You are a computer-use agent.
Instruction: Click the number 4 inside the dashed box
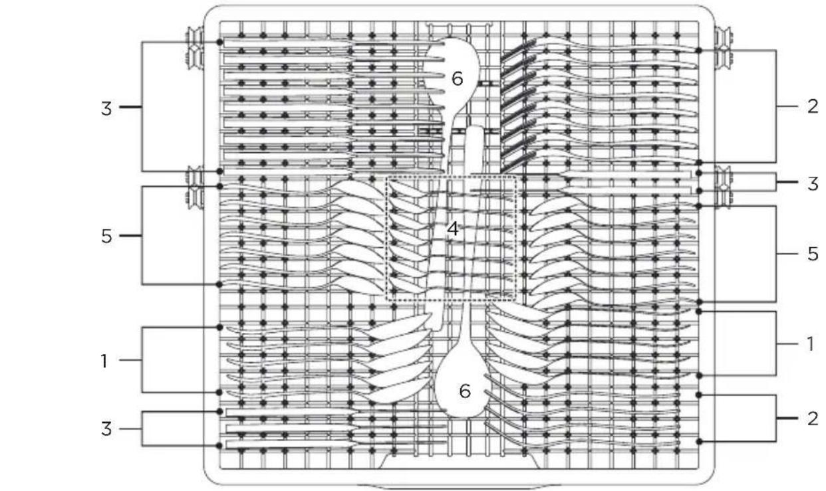pyautogui.click(x=453, y=229)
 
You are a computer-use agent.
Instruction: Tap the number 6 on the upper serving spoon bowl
pyautogui.click(x=458, y=78)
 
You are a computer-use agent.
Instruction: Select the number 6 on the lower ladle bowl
pyautogui.click(x=465, y=391)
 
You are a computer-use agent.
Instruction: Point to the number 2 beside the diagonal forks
pyautogui.click(x=812, y=106)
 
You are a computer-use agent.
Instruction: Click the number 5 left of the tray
pyautogui.click(x=106, y=236)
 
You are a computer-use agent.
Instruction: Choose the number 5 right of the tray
pyautogui.click(x=813, y=254)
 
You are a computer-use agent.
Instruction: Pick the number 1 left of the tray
pyautogui.click(x=104, y=361)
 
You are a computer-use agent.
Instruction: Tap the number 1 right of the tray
pyautogui.click(x=810, y=344)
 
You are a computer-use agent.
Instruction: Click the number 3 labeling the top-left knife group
pyautogui.click(x=106, y=109)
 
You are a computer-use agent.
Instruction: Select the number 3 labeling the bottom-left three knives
pyautogui.click(x=106, y=429)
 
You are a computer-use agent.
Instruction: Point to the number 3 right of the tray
pyautogui.click(x=813, y=184)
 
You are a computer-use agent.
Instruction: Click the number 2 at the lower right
pyautogui.click(x=813, y=419)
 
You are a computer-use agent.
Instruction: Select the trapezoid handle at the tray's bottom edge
pyautogui.click(x=460, y=461)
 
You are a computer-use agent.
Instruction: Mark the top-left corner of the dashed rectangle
pyautogui.click(x=386, y=177)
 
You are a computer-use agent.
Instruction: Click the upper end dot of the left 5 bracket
pyautogui.click(x=219, y=187)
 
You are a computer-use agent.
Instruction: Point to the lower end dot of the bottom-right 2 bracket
pyautogui.click(x=699, y=441)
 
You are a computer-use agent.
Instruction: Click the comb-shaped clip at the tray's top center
pyautogui.click(x=459, y=30)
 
